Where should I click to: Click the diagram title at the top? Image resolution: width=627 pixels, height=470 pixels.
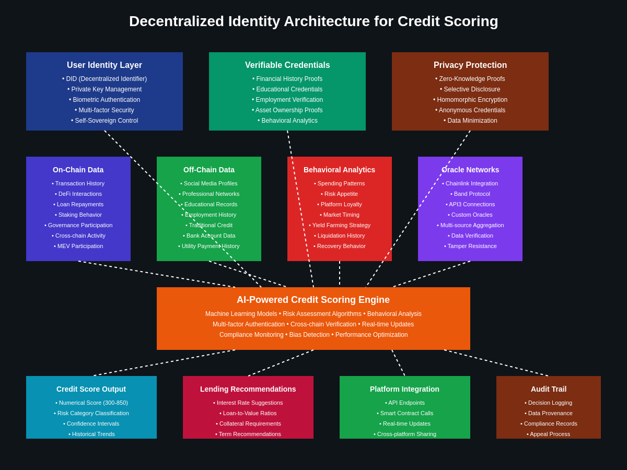click(x=313, y=21)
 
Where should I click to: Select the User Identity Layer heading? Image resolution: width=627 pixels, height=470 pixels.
click(x=104, y=65)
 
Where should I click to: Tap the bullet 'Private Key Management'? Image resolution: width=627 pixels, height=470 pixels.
click(x=104, y=89)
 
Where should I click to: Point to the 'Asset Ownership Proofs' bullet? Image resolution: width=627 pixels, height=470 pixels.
click(x=287, y=110)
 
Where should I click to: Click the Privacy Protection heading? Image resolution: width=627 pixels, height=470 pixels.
click(x=470, y=65)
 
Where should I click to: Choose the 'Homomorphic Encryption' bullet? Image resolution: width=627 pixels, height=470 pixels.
click(x=470, y=100)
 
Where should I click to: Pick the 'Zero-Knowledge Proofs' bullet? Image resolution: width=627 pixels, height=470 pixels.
click(x=470, y=79)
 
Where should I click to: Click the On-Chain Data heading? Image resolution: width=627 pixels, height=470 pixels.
click(x=78, y=170)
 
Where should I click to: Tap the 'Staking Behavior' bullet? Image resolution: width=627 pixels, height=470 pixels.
click(x=78, y=215)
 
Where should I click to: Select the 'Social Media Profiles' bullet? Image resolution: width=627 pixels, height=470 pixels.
click(x=209, y=183)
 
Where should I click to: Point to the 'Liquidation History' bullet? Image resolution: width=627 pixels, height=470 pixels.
click(x=340, y=236)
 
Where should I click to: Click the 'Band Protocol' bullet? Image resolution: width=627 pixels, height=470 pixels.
click(x=470, y=194)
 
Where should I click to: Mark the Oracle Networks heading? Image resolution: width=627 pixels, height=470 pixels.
click(x=470, y=170)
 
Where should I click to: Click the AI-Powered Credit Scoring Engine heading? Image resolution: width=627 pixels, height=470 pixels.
click(x=313, y=300)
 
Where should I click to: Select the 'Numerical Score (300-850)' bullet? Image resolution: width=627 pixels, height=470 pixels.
click(x=91, y=403)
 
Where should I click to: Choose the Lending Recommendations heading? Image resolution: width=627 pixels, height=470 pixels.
click(x=248, y=389)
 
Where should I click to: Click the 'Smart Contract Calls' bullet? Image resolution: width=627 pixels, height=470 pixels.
click(x=405, y=413)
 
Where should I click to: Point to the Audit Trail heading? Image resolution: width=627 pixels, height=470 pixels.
click(x=549, y=389)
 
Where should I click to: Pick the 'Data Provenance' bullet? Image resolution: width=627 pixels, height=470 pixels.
click(x=549, y=413)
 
